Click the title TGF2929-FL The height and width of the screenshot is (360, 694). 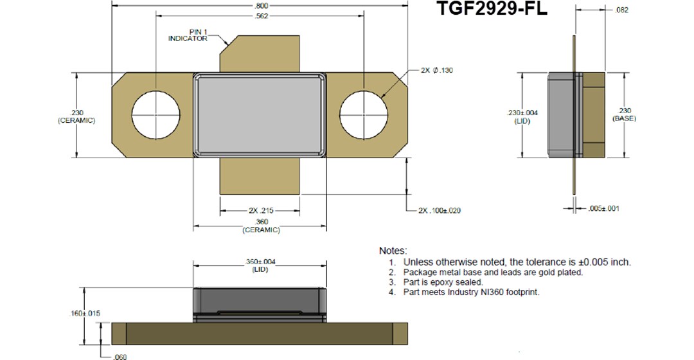492,9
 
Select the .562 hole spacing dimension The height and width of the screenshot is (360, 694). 260,17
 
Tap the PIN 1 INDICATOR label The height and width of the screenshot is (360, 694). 188,35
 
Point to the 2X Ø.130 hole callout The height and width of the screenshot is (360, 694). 437,70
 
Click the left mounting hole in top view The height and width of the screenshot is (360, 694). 155,114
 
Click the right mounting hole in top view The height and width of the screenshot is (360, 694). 364,114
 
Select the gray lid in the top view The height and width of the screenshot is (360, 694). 260,114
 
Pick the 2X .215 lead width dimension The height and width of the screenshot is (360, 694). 260,210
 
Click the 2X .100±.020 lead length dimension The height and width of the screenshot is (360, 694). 440,210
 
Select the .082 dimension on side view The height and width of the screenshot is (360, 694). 621,10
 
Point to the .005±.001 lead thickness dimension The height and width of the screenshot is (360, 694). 604,208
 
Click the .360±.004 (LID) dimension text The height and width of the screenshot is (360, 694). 260,265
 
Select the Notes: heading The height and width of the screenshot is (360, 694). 393,250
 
